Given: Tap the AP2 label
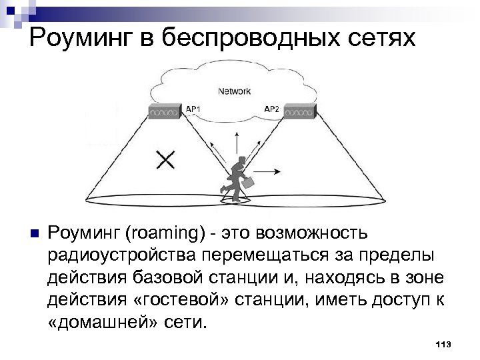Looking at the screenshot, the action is [272, 108].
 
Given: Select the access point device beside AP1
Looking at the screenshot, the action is [163, 112].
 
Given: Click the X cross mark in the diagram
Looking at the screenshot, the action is [165, 159].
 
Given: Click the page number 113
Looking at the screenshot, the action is [443, 344].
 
